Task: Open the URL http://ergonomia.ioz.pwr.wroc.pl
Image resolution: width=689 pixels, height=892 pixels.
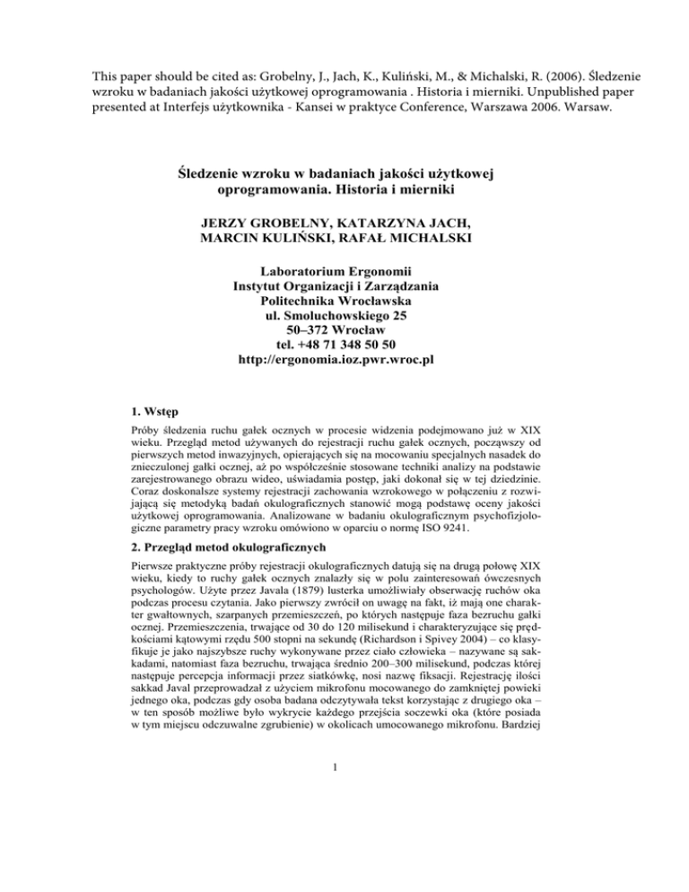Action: pyautogui.click(x=344, y=360)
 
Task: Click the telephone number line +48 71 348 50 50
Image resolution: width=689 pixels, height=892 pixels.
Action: pyautogui.click(x=344, y=344)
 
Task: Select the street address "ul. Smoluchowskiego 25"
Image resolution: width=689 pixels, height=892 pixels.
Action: pyautogui.click(x=344, y=313)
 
